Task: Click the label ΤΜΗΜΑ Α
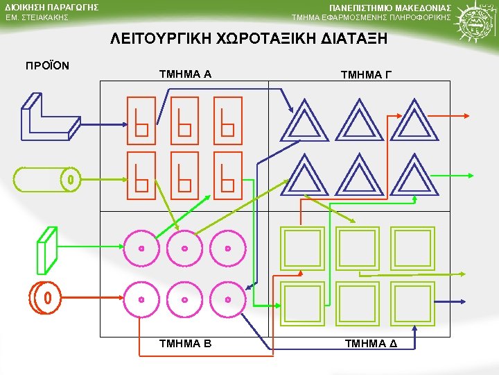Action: pyautogui.click(x=185, y=74)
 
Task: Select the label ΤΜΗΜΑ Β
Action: pyautogui.click(x=185, y=343)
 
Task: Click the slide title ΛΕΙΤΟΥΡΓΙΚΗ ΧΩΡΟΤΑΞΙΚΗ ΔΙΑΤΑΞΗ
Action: pyautogui.click(x=249, y=40)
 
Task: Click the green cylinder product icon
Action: pyautogui.click(x=46, y=179)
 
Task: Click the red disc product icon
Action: pyautogui.click(x=44, y=299)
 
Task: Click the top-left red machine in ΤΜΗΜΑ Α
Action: pyautogui.click(x=141, y=118)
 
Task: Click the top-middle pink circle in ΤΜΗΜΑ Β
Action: pyautogui.click(x=184, y=248)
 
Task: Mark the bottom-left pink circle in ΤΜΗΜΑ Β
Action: pyautogui.click(x=141, y=299)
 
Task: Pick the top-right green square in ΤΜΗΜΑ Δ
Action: pyautogui.click(x=413, y=248)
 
